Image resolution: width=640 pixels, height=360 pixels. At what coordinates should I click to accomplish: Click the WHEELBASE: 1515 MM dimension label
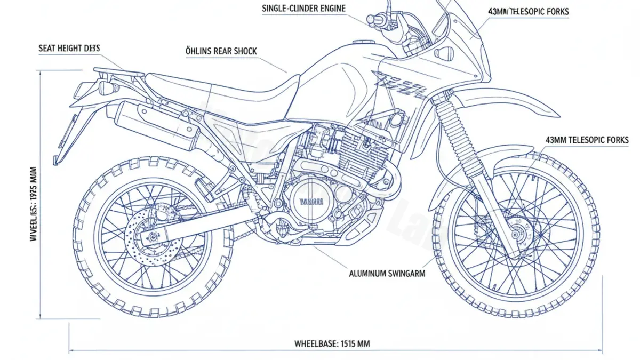tap(332, 344)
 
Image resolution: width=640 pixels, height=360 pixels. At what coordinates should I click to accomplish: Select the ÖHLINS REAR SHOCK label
tap(220, 51)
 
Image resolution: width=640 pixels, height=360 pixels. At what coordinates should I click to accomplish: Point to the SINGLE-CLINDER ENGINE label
tap(303, 9)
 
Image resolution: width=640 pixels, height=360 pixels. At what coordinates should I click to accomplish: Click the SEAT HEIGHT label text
tap(69, 48)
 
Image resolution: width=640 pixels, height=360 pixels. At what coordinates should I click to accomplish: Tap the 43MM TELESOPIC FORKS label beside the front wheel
tap(587, 140)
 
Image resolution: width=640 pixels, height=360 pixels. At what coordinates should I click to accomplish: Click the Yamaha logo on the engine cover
tap(310, 202)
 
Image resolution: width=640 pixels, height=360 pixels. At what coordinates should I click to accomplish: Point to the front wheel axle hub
tap(516, 233)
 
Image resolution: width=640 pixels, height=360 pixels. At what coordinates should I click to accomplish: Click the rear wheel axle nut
tap(153, 236)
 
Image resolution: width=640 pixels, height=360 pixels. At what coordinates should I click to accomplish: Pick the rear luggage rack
tap(118, 72)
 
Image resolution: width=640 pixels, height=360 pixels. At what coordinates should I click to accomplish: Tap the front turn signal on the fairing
tap(443, 53)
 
